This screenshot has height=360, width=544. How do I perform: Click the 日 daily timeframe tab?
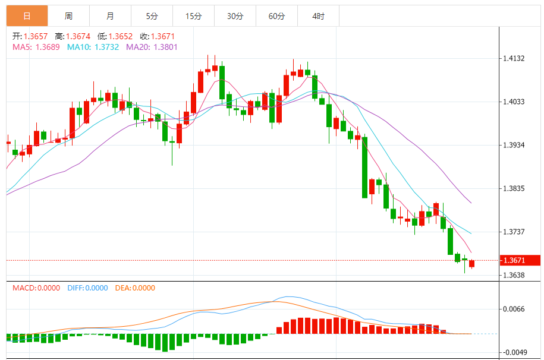click(x=27, y=16)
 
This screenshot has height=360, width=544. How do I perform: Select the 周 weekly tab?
click(x=68, y=16)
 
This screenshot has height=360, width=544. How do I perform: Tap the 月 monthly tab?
click(x=110, y=16)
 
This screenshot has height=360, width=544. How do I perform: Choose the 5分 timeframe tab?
click(x=152, y=16)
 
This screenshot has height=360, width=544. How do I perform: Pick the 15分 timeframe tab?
click(x=193, y=16)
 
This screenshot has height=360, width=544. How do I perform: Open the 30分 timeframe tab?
click(x=235, y=16)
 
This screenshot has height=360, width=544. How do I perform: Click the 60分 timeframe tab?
click(x=276, y=16)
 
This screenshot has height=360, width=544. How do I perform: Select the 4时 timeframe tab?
click(x=318, y=16)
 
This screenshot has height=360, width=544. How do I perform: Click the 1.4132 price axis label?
click(x=514, y=58)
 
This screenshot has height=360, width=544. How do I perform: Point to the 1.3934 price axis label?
click(x=514, y=145)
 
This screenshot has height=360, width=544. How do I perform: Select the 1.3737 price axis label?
click(x=514, y=232)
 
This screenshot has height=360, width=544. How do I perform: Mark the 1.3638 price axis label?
click(x=514, y=275)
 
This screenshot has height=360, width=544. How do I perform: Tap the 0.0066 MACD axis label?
click(x=514, y=309)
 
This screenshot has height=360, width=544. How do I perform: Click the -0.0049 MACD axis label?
click(x=513, y=352)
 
